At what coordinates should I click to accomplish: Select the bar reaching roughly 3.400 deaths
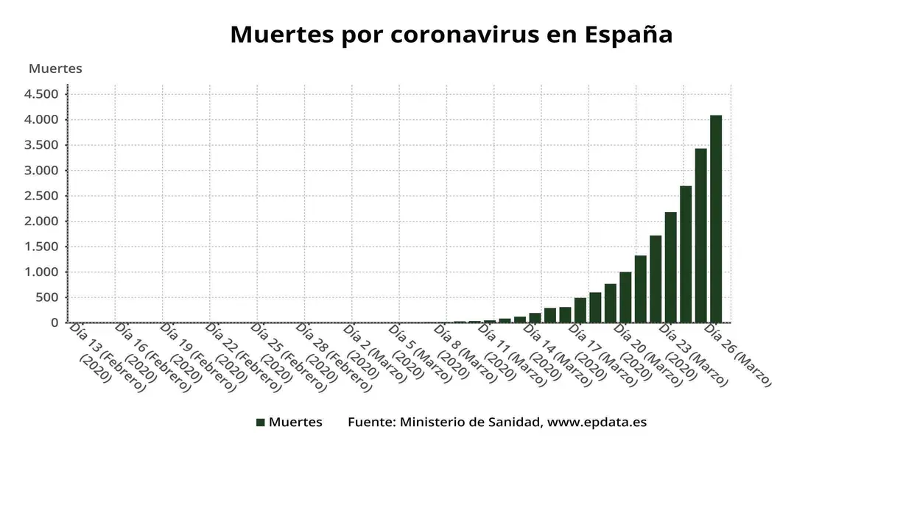click(x=700, y=236)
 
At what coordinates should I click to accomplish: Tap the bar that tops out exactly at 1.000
click(x=625, y=297)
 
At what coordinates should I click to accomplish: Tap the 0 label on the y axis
click(x=54, y=323)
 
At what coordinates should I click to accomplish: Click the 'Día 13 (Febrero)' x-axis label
click(x=107, y=358)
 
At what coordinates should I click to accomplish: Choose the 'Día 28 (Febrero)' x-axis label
click(x=334, y=358)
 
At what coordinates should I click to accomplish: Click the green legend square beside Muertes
click(x=260, y=423)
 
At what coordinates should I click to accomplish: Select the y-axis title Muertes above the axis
click(x=55, y=68)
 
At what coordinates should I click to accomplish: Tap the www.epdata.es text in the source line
click(x=597, y=423)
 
